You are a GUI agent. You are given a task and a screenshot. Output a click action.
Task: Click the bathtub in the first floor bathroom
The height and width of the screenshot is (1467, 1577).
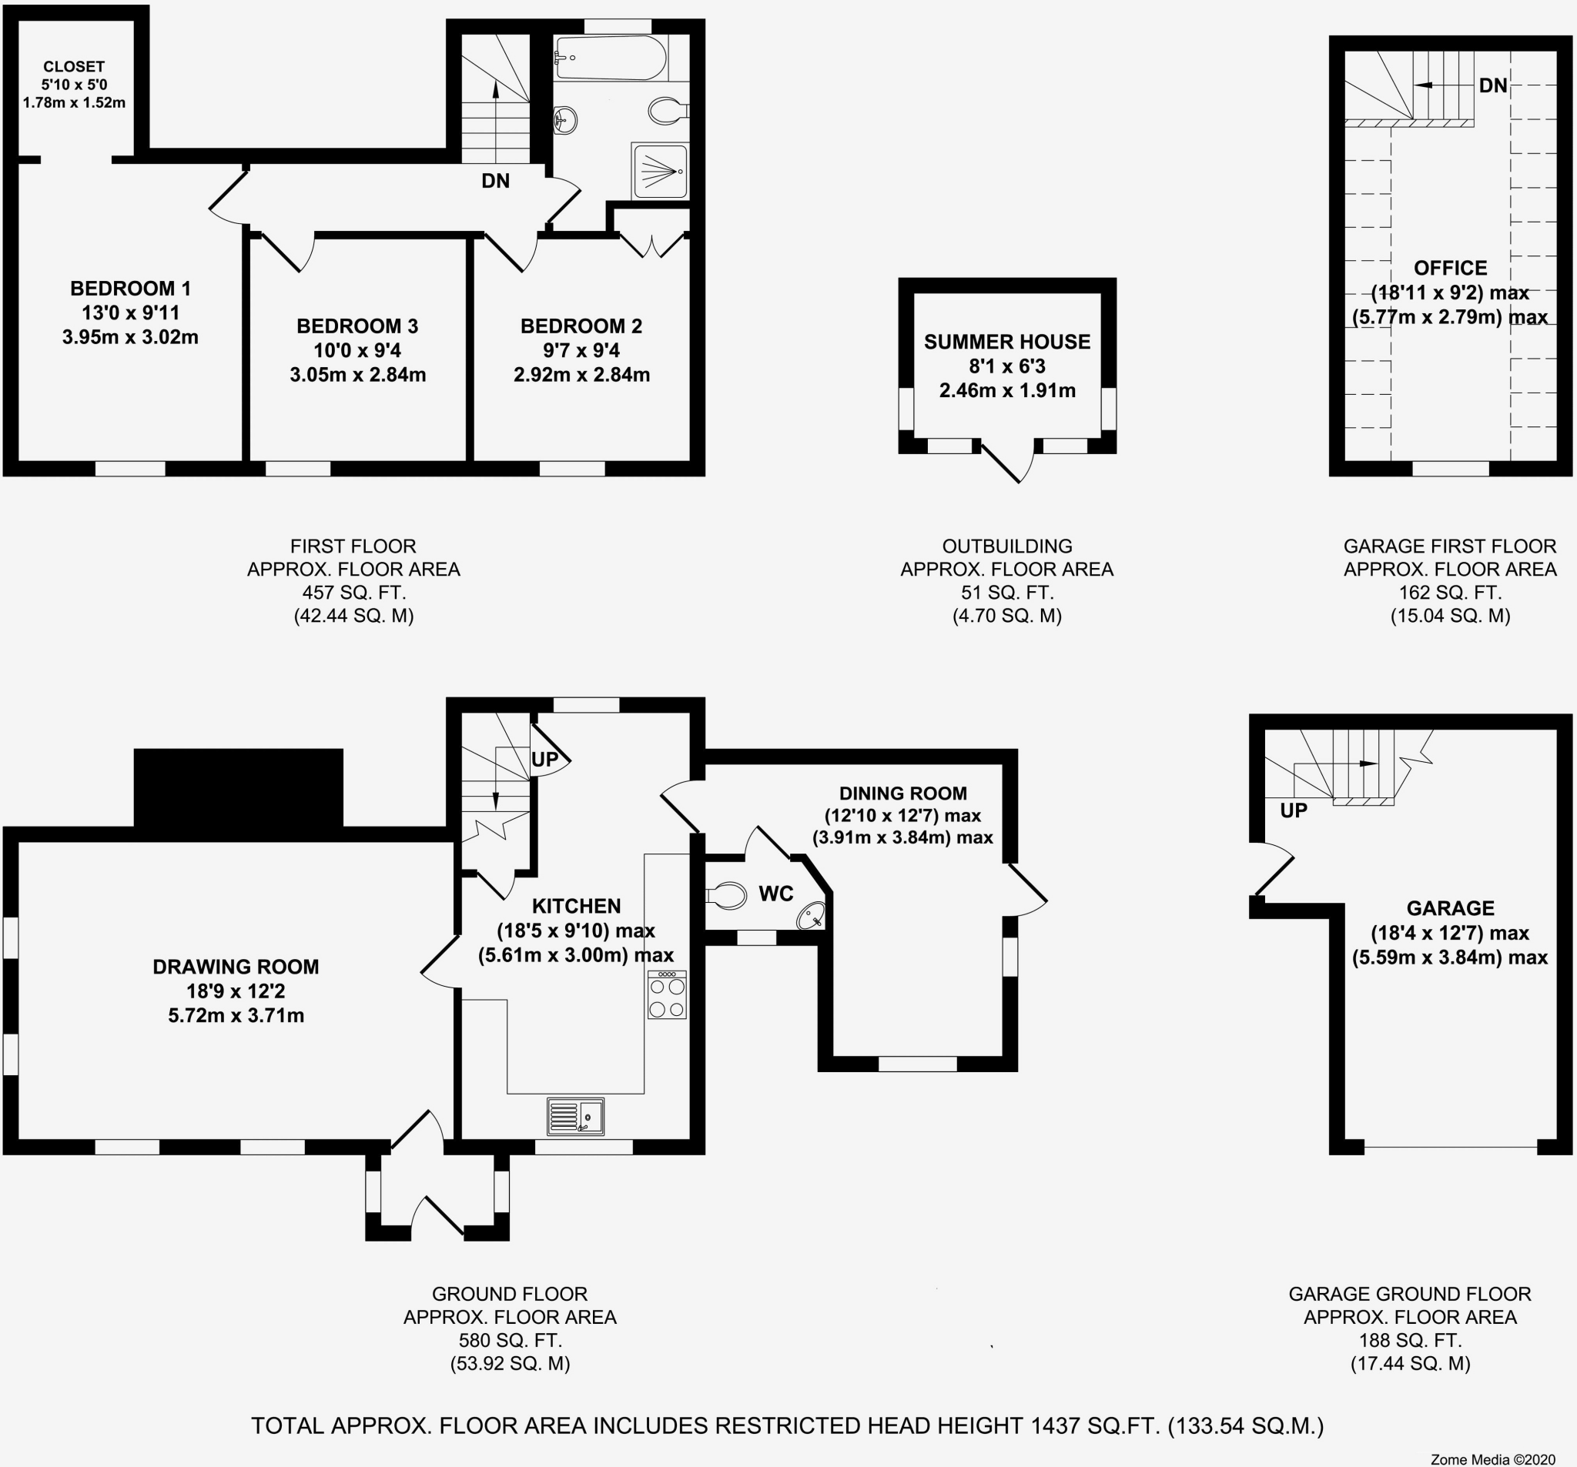pyautogui.click(x=611, y=57)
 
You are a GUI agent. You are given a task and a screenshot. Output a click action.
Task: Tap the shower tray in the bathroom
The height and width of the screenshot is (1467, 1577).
pyautogui.click(x=660, y=172)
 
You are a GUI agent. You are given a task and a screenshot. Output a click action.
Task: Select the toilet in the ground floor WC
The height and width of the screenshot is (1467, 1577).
pyautogui.click(x=727, y=896)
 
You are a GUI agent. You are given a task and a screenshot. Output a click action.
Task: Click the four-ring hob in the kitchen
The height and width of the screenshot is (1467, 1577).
pyautogui.click(x=667, y=995)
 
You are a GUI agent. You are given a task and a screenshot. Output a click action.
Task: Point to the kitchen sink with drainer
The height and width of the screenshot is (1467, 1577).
pyautogui.click(x=576, y=1116)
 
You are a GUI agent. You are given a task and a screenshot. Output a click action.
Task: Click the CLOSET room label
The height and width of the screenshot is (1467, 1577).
pyautogui.click(x=74, y=68)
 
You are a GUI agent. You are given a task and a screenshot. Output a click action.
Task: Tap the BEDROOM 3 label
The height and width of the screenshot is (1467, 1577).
pyautogui.click(x=357, y=326)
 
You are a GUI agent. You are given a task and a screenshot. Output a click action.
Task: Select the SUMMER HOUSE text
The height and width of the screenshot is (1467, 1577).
pyautogui.click(x=1006, y=342)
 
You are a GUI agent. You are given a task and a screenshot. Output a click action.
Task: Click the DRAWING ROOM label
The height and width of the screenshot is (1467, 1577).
pyautogui.click(x=236, y=967)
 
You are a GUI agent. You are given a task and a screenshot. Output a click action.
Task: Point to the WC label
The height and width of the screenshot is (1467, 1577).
pyautogui.click(x=776, y=894)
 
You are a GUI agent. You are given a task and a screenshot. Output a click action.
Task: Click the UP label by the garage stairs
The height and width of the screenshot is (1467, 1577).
pyautogui.click(x=1294, y=810)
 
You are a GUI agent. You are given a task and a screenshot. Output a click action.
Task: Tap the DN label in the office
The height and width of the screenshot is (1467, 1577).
pyautogui.click(x=1493, y=85)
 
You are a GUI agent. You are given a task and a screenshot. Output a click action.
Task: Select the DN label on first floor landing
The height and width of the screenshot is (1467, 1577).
pyautogui.click(x=496, y=181)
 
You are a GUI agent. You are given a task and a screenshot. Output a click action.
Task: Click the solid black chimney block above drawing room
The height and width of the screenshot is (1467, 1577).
pyautogui.click(x=238, y=787)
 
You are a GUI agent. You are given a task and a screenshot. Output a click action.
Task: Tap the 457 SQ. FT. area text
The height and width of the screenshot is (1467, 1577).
pyautogui.click(x=353, y=593)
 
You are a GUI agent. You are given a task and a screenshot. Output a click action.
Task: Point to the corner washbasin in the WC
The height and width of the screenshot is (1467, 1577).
pyautogui.click(x=812, y=917)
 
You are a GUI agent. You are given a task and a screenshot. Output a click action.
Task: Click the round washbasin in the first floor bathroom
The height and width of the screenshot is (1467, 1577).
pyautogui.click(x=564, y=121)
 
